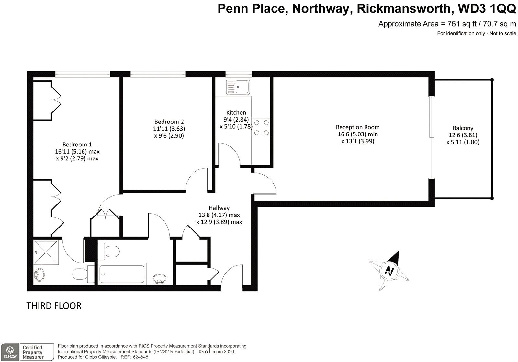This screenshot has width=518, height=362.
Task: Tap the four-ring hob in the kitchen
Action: click(x=261, y=127)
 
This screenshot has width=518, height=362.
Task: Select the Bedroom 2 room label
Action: click(x=169, y=122)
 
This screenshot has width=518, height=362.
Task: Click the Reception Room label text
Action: click(x=358, y=127)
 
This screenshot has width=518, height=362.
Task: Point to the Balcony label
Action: click(x=463, y=128)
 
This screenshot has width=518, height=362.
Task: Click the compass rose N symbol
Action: click(x=389, y=271)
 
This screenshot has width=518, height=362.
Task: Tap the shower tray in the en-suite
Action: click(x=46, y=252)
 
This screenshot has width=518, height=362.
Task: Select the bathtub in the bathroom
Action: click(x=122, y=274)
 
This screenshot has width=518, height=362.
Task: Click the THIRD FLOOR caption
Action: click(x=54, y=306)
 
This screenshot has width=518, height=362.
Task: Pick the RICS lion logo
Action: click(x=10, y=352)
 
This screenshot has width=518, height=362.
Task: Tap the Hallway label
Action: click(x=219, y=208)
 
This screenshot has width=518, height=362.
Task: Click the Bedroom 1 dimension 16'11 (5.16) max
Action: click(x=77, y=152)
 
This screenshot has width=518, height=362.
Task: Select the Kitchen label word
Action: click(x=236, y=113)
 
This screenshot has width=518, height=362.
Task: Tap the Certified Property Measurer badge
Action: click(x=37, y=352)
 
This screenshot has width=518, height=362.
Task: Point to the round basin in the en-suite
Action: click(x=39, y=275)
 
